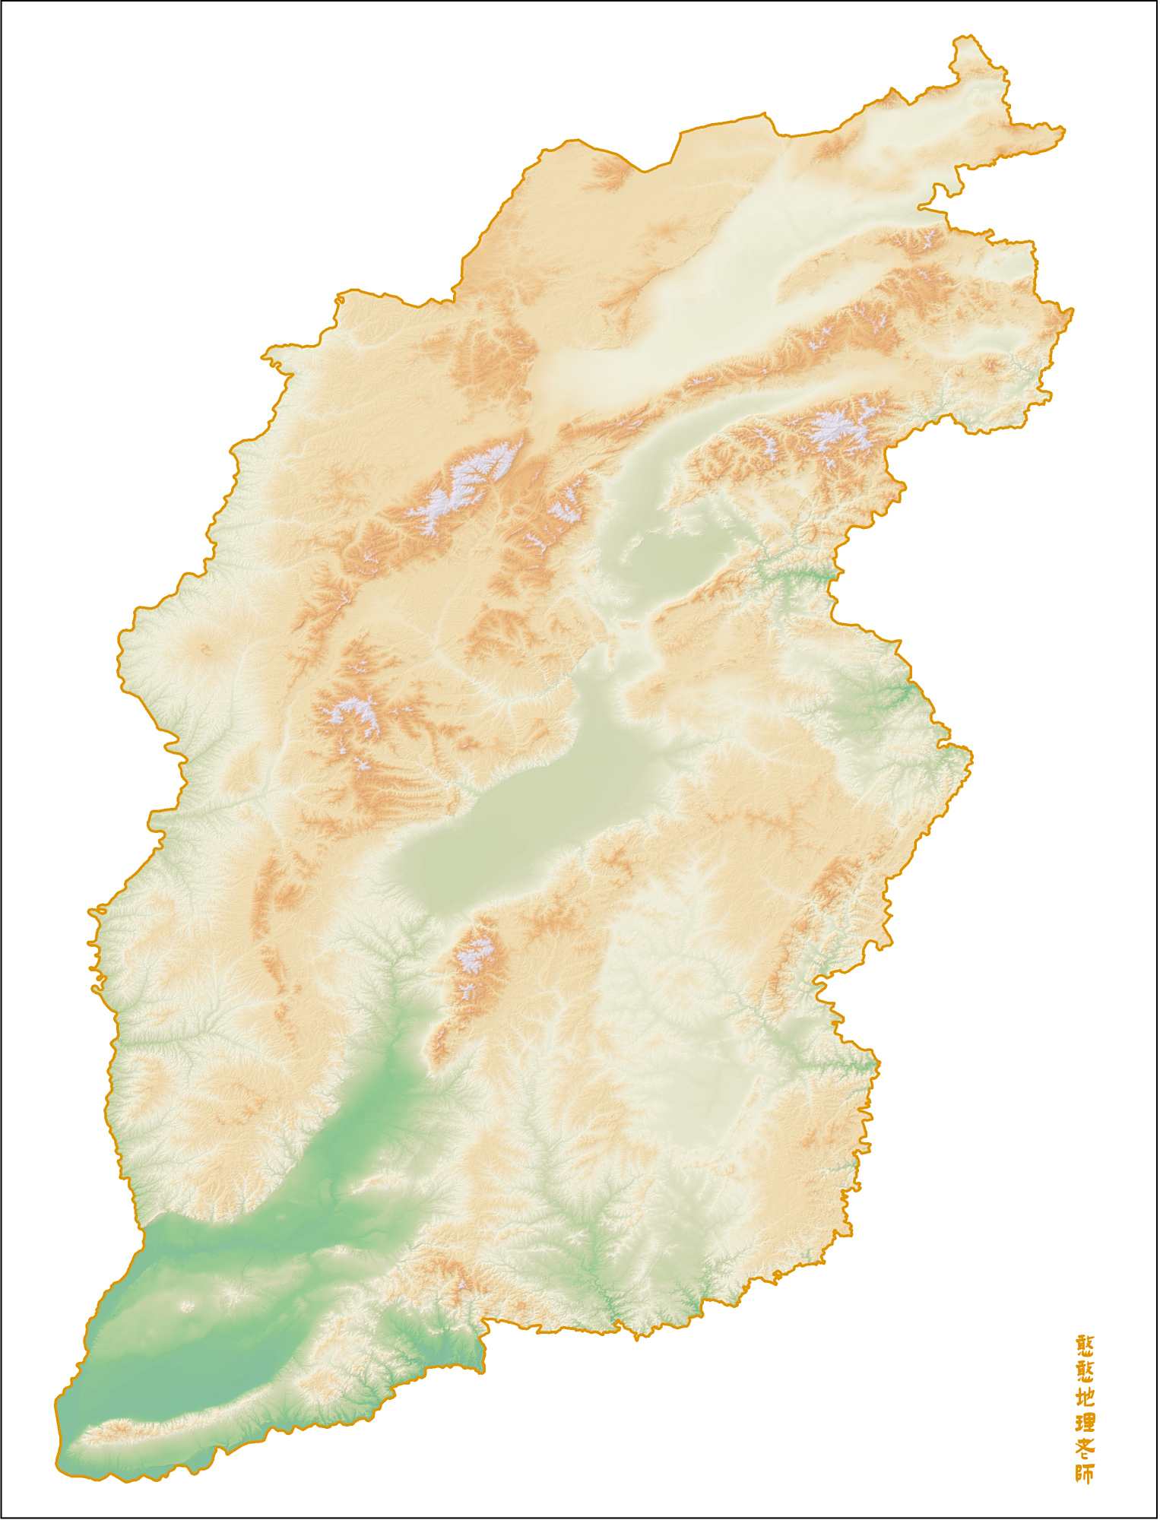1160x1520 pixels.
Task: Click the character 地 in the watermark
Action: (x=1086, y=1397)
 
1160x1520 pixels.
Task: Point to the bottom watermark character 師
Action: (x=1086, y=1474)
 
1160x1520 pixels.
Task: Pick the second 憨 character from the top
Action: (x=1086, y=1372)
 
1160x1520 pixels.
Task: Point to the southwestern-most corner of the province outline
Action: (x=58, y=1464)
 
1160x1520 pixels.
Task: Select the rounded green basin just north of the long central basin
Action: (x=669, y=562)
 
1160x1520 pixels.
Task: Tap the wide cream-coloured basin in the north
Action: (x=722, y=289)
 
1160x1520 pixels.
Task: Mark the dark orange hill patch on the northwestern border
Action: (x=608, y=175)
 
